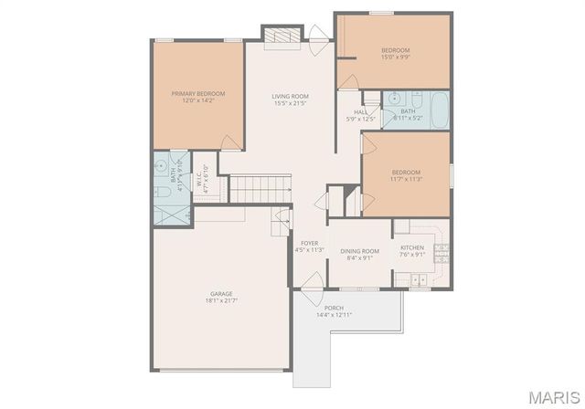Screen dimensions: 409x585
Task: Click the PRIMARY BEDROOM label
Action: pos(197,93)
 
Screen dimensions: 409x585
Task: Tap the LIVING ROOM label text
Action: pos(290,96)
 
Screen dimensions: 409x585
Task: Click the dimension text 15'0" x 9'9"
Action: pos(395,57)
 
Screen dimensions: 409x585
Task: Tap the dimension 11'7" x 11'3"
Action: pos(406,180)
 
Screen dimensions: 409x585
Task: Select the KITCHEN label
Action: pos(412,247)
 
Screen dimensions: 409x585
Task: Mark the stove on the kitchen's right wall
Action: pos(442,246)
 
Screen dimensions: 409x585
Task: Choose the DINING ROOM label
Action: pos(359,251)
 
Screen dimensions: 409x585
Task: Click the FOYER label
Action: pos(311,243)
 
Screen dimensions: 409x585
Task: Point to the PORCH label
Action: pos(334,308)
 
